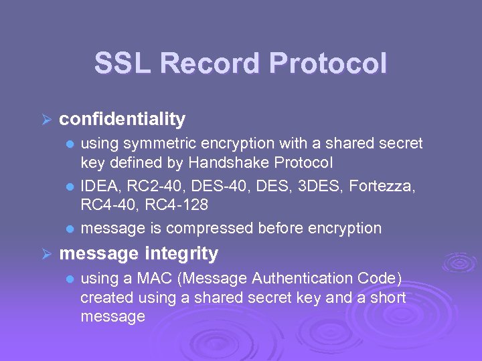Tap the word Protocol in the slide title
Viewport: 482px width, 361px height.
[x=328, y=64]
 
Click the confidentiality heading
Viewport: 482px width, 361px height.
[x=122, y=119]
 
